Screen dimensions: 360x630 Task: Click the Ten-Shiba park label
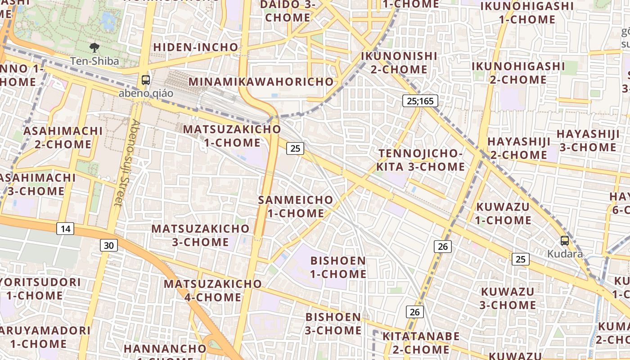point(94,61)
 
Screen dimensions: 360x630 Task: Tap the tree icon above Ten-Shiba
point(94,47)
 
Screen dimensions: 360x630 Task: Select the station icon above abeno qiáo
point(146,80)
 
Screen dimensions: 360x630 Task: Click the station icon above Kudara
point(565,241)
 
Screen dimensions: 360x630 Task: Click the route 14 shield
point(65,229)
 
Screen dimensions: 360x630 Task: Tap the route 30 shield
point(108,245)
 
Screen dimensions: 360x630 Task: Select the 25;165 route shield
point(420,101)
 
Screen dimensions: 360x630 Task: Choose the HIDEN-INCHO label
point(196,47)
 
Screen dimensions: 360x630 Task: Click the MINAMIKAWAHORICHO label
point(261,82)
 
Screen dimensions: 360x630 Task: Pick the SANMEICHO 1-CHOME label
point(296,207)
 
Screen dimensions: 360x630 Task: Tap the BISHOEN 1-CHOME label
point(338,267)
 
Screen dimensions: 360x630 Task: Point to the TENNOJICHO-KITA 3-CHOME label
point(421,160)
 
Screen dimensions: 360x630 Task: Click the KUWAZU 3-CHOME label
point(508,298)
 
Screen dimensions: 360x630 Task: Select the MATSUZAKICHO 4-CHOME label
point(212,291)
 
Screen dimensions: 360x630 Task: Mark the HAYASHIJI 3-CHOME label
point(587,141)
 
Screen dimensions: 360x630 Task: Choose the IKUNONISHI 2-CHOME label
point(399,63)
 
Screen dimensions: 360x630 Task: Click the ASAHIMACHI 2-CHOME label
point(63,138)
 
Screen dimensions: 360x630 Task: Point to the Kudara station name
point(565,254)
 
